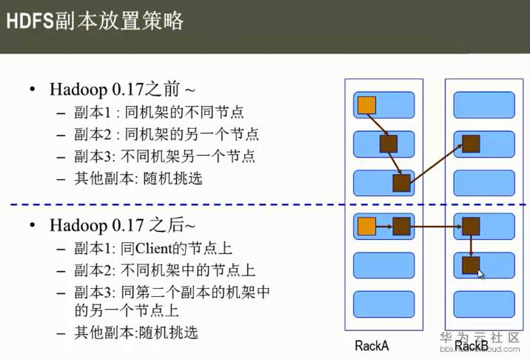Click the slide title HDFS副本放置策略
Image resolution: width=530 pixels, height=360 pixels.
[x=95, y=21]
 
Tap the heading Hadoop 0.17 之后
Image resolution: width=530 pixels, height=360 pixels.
[x=122, y=225]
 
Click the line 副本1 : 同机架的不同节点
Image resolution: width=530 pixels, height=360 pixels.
[x=159, y=112]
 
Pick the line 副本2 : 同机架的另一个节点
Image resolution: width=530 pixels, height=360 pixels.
[x=167, y=134]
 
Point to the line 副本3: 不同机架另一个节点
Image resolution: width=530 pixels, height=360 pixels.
[x=164, y=156]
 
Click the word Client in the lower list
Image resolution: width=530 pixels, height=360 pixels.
[x=153, y=248]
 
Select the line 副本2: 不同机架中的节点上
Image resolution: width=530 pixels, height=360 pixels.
[x=164, y=270]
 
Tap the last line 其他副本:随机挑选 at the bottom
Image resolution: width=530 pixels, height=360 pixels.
[x=136, y=333]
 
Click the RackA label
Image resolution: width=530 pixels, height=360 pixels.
[x=372, y=346]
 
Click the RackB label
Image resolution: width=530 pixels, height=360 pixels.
[x=472, y=346]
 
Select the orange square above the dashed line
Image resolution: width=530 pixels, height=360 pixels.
[x=366, y=105]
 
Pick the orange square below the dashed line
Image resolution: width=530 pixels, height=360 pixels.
[x=366, y=226]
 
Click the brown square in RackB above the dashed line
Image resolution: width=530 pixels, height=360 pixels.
[x=471, y=144]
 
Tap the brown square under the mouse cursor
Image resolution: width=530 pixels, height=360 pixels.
[x=471, y=265]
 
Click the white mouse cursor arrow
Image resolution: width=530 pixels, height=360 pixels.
[x=480, y=274]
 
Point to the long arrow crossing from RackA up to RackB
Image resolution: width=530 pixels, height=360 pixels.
[x=436, y=164]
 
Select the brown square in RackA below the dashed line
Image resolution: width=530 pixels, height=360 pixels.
[x=401, y=226]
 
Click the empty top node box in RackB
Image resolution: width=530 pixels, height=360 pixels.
[x=484, y=105]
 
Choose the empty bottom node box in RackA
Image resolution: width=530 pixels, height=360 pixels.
[x=383, y=304]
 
